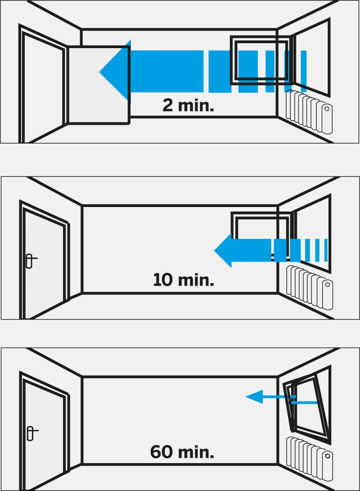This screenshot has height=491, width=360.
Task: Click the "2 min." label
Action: coord(188,105)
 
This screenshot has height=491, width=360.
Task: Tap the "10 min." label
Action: coord(184,279)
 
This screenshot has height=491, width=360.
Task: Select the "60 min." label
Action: coord(182,452)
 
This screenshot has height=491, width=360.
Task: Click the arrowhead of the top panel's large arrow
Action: coord(115,72)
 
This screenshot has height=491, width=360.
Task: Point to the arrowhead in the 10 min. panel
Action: coord(223,251)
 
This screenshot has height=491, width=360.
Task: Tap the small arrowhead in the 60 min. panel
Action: coord(254,397)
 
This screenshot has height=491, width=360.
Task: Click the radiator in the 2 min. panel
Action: coord(309,112)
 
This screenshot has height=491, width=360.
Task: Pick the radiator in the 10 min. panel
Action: coord(310,288)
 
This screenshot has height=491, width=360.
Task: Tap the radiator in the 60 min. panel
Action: coord(310,459)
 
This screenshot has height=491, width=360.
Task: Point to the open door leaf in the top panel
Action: coord(99,85)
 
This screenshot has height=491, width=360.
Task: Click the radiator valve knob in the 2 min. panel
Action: coord(327,108)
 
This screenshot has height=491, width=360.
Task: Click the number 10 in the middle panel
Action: coord(163,279)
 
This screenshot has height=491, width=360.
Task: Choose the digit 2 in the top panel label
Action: coord(167,105)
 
